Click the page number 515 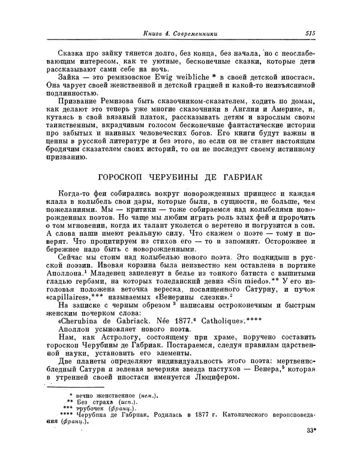(x=310, y=34)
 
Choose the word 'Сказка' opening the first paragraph (x=70, y=55)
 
